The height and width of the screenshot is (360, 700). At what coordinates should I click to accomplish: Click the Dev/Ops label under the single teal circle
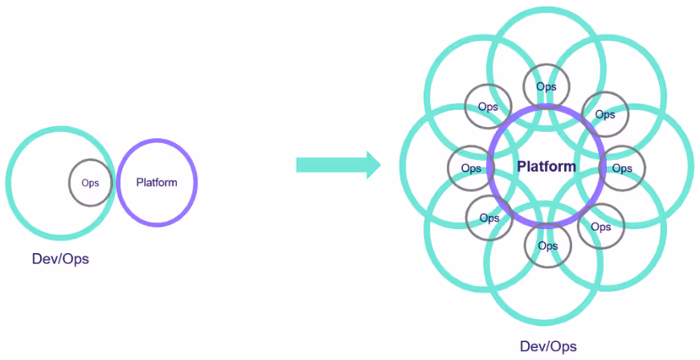click(x=59, y=260)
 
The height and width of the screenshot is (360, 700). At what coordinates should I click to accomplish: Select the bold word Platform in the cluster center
click(x=546, y=167)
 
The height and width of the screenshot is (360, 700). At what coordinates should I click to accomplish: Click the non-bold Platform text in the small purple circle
click(x=157, y=182)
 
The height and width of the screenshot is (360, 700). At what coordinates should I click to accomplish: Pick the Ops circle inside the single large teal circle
click(x=90, y=182)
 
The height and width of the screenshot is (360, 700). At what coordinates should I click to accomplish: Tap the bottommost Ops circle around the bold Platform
click(x=546, y=245)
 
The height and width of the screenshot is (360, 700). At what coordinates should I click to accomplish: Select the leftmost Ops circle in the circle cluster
click(x=470, y=169)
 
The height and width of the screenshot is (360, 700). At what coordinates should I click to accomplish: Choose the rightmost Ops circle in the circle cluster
click(x=622, y=169)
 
